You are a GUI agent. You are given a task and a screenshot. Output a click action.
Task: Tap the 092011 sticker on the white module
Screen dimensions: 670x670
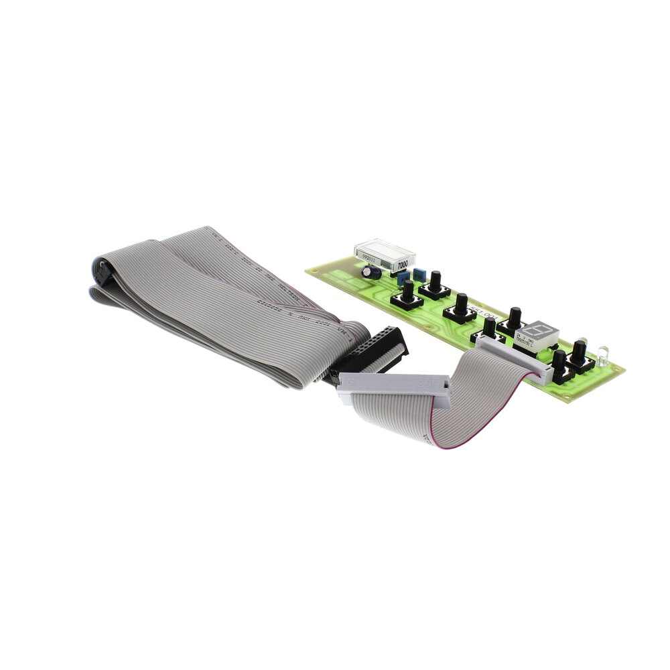(x=371, y=256)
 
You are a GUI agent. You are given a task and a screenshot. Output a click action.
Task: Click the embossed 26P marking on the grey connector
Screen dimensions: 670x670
(x=426, y=384)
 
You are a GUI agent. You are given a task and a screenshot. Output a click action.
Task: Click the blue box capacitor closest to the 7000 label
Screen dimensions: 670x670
(x=419, y=273)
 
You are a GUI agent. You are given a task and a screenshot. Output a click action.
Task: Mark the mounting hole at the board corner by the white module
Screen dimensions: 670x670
(x=313, y=270)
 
